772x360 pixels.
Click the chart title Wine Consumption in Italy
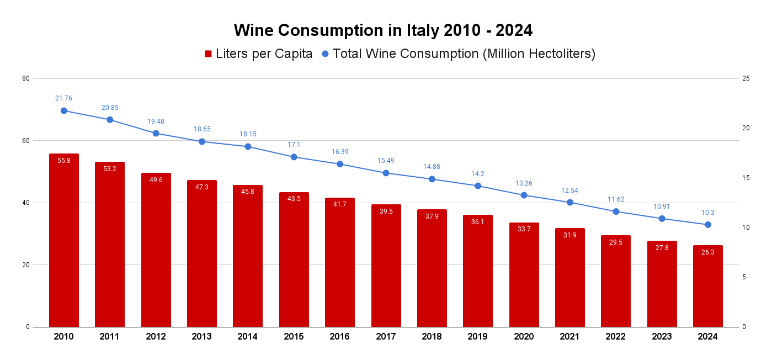tap(383, 30)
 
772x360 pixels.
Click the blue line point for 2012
tap(156, 133)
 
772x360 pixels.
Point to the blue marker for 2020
tap(524, 195)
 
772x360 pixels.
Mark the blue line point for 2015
tap(294, 157)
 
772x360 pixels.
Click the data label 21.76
tap(63, 98)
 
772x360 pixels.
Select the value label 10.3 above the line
tap(707, 213)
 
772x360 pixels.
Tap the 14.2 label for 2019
tap(478, 174)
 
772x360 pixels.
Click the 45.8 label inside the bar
tap(248, 192)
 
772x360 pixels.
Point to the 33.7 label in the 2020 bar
tap(524, 229)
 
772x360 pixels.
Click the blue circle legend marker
tap(325, 54)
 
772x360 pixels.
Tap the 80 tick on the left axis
tap(26, 78)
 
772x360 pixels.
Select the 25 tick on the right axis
tap(746, 78)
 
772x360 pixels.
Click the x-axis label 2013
tap(201, 336)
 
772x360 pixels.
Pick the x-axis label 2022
tap(616, 336)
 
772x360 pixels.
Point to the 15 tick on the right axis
tap(746, 178)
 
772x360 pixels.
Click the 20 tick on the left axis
tap(26, 265)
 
